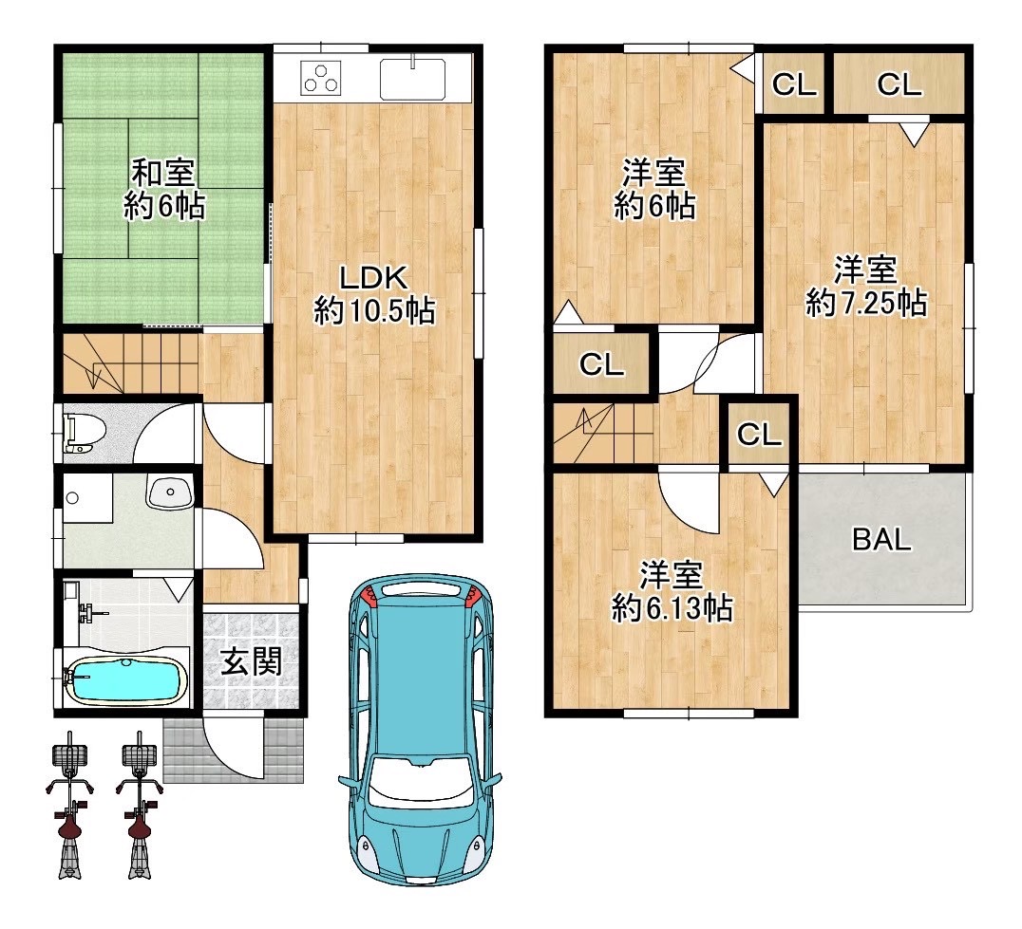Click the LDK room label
click(x=374, y=278)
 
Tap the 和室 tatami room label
click(x=163, y=173)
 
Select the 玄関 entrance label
click(x=251, y=661)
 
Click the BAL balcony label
click(x=881, y=539)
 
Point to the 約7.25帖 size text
click(x=866, y=303)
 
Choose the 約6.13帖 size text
click(x=672, y=608)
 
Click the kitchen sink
click(x=412, y=78)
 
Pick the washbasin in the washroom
click(x=170, y=492)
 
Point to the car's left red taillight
click(x=369, y=595)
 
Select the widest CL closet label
click(x=899, y=84)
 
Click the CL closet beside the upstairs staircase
click(x=601, y=364)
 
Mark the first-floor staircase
click(x=130, y=363)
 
